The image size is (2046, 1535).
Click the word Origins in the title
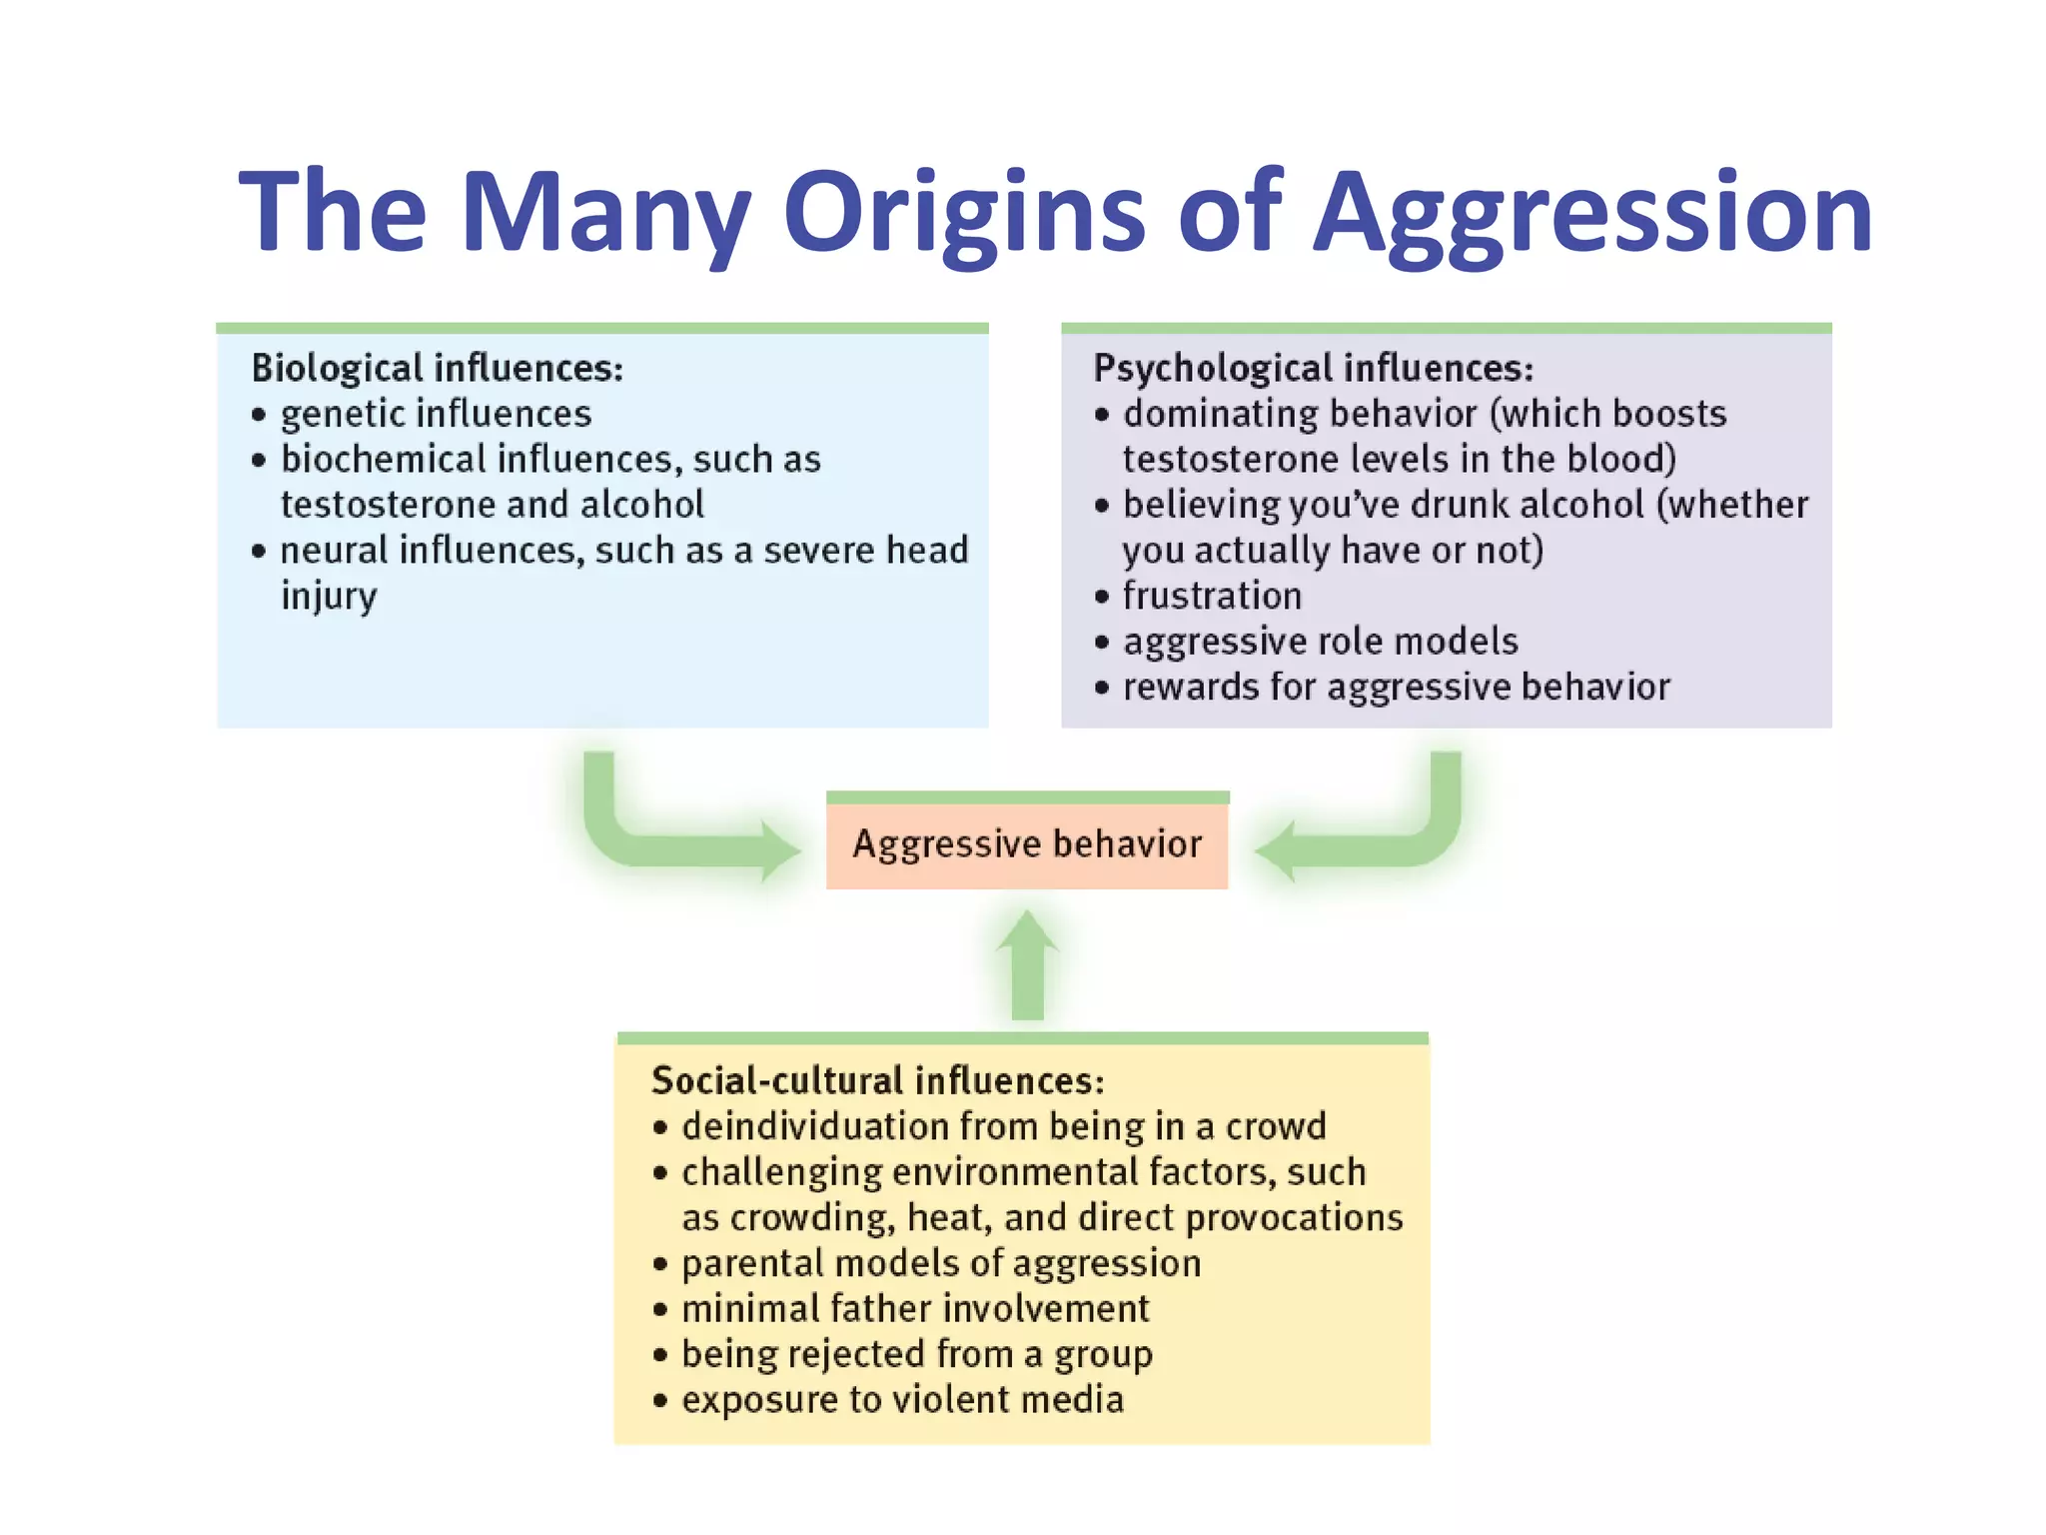(x=964, y=212)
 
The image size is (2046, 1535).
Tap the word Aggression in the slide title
(x=1592, y=212)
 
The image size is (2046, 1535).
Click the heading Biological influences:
(x=437, y=368)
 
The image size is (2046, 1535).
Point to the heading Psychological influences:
(x=1313, y=368)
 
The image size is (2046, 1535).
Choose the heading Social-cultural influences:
(x=877, y=1080)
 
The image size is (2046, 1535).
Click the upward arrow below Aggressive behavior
(x=1027, y=964)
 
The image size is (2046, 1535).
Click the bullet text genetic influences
(x=436, y=414)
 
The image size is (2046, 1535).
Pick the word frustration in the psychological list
(x=1212, y=596)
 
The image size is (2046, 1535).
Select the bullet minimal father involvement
(x=915, y=1308)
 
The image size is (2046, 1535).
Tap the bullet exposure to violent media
(x=902, y=1399)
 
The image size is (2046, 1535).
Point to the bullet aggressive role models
(x=1320, y=642)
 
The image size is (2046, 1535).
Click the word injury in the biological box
(x=329, y=596)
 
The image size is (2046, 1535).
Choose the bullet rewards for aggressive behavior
(x=1396, y=687)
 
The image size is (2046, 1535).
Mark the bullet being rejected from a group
(x=916, y=1354)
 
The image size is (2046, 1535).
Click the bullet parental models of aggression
(x=941, y=1263)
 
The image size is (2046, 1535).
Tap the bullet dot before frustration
(x=1102, y=598)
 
